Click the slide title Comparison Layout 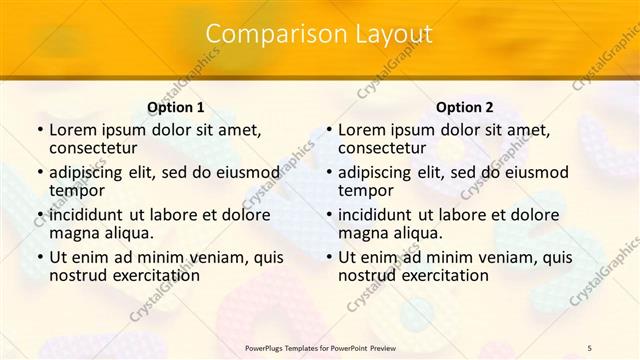[319, 34]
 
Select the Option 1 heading [175, 107]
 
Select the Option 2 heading [464, 107]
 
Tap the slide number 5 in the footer [590, 347]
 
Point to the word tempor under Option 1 [77, 190]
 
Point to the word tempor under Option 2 [366, 190]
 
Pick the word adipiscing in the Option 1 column [91, 171]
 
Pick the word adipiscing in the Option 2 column [380, 171]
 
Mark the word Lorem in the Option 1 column [73, 129]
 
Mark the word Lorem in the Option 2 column [362, 129]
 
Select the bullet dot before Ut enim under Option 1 [39, 257]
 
